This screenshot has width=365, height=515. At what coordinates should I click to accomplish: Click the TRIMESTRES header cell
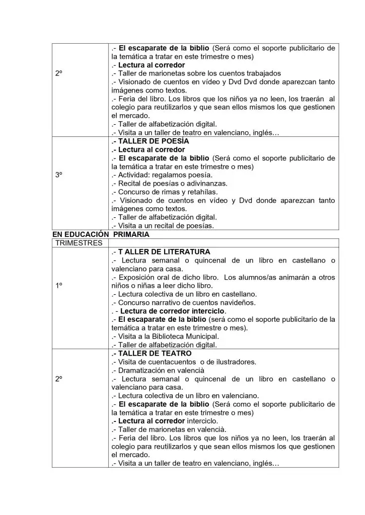(79, 242)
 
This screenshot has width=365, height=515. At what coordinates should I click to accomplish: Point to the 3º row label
(59, 175)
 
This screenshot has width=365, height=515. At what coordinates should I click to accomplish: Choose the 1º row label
(59, 285)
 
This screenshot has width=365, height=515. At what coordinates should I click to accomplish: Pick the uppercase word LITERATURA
(184, 251)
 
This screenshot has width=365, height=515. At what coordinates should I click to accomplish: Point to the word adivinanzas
(207, 183)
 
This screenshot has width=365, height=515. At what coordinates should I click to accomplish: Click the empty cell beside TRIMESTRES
(224, 242)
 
